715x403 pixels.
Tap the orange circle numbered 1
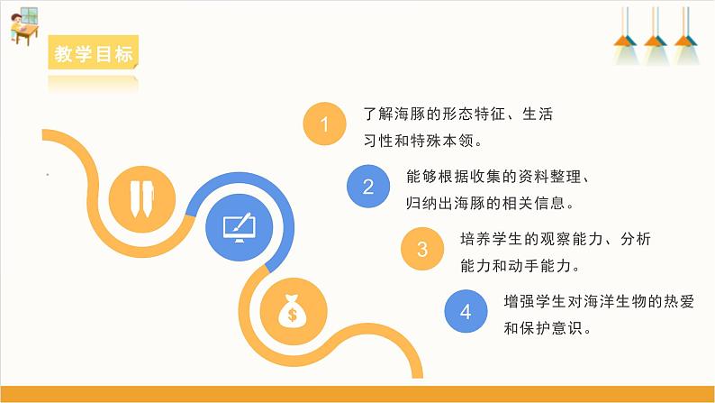pos(325,126)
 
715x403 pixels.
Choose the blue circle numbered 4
pos(466,312)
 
